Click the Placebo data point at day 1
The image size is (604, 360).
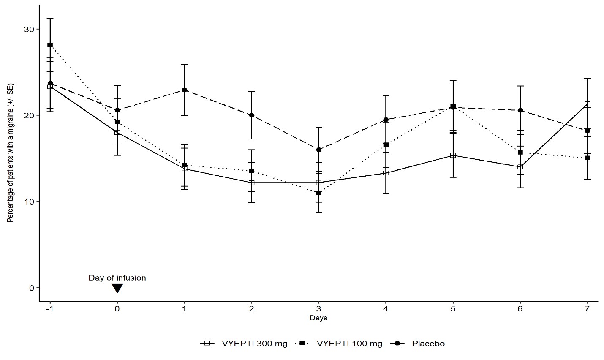[185, 90]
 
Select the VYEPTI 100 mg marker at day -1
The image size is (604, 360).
[50, 45]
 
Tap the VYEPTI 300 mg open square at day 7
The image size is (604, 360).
[587, 104]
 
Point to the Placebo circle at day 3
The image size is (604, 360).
[319, 150]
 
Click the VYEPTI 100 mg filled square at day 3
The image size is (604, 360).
[319, 193]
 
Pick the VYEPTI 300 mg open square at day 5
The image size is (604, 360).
[453, 155]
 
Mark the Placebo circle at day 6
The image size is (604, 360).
[520, 110]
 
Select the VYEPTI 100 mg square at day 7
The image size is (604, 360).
[587, 158]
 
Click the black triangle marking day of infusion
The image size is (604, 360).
[117, 288]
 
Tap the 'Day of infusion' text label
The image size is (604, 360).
[117, 278]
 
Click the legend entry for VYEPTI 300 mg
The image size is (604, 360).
[244, 344]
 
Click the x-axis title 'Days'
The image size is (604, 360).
[318, 318]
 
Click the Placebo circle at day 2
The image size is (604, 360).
[252, 115]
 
